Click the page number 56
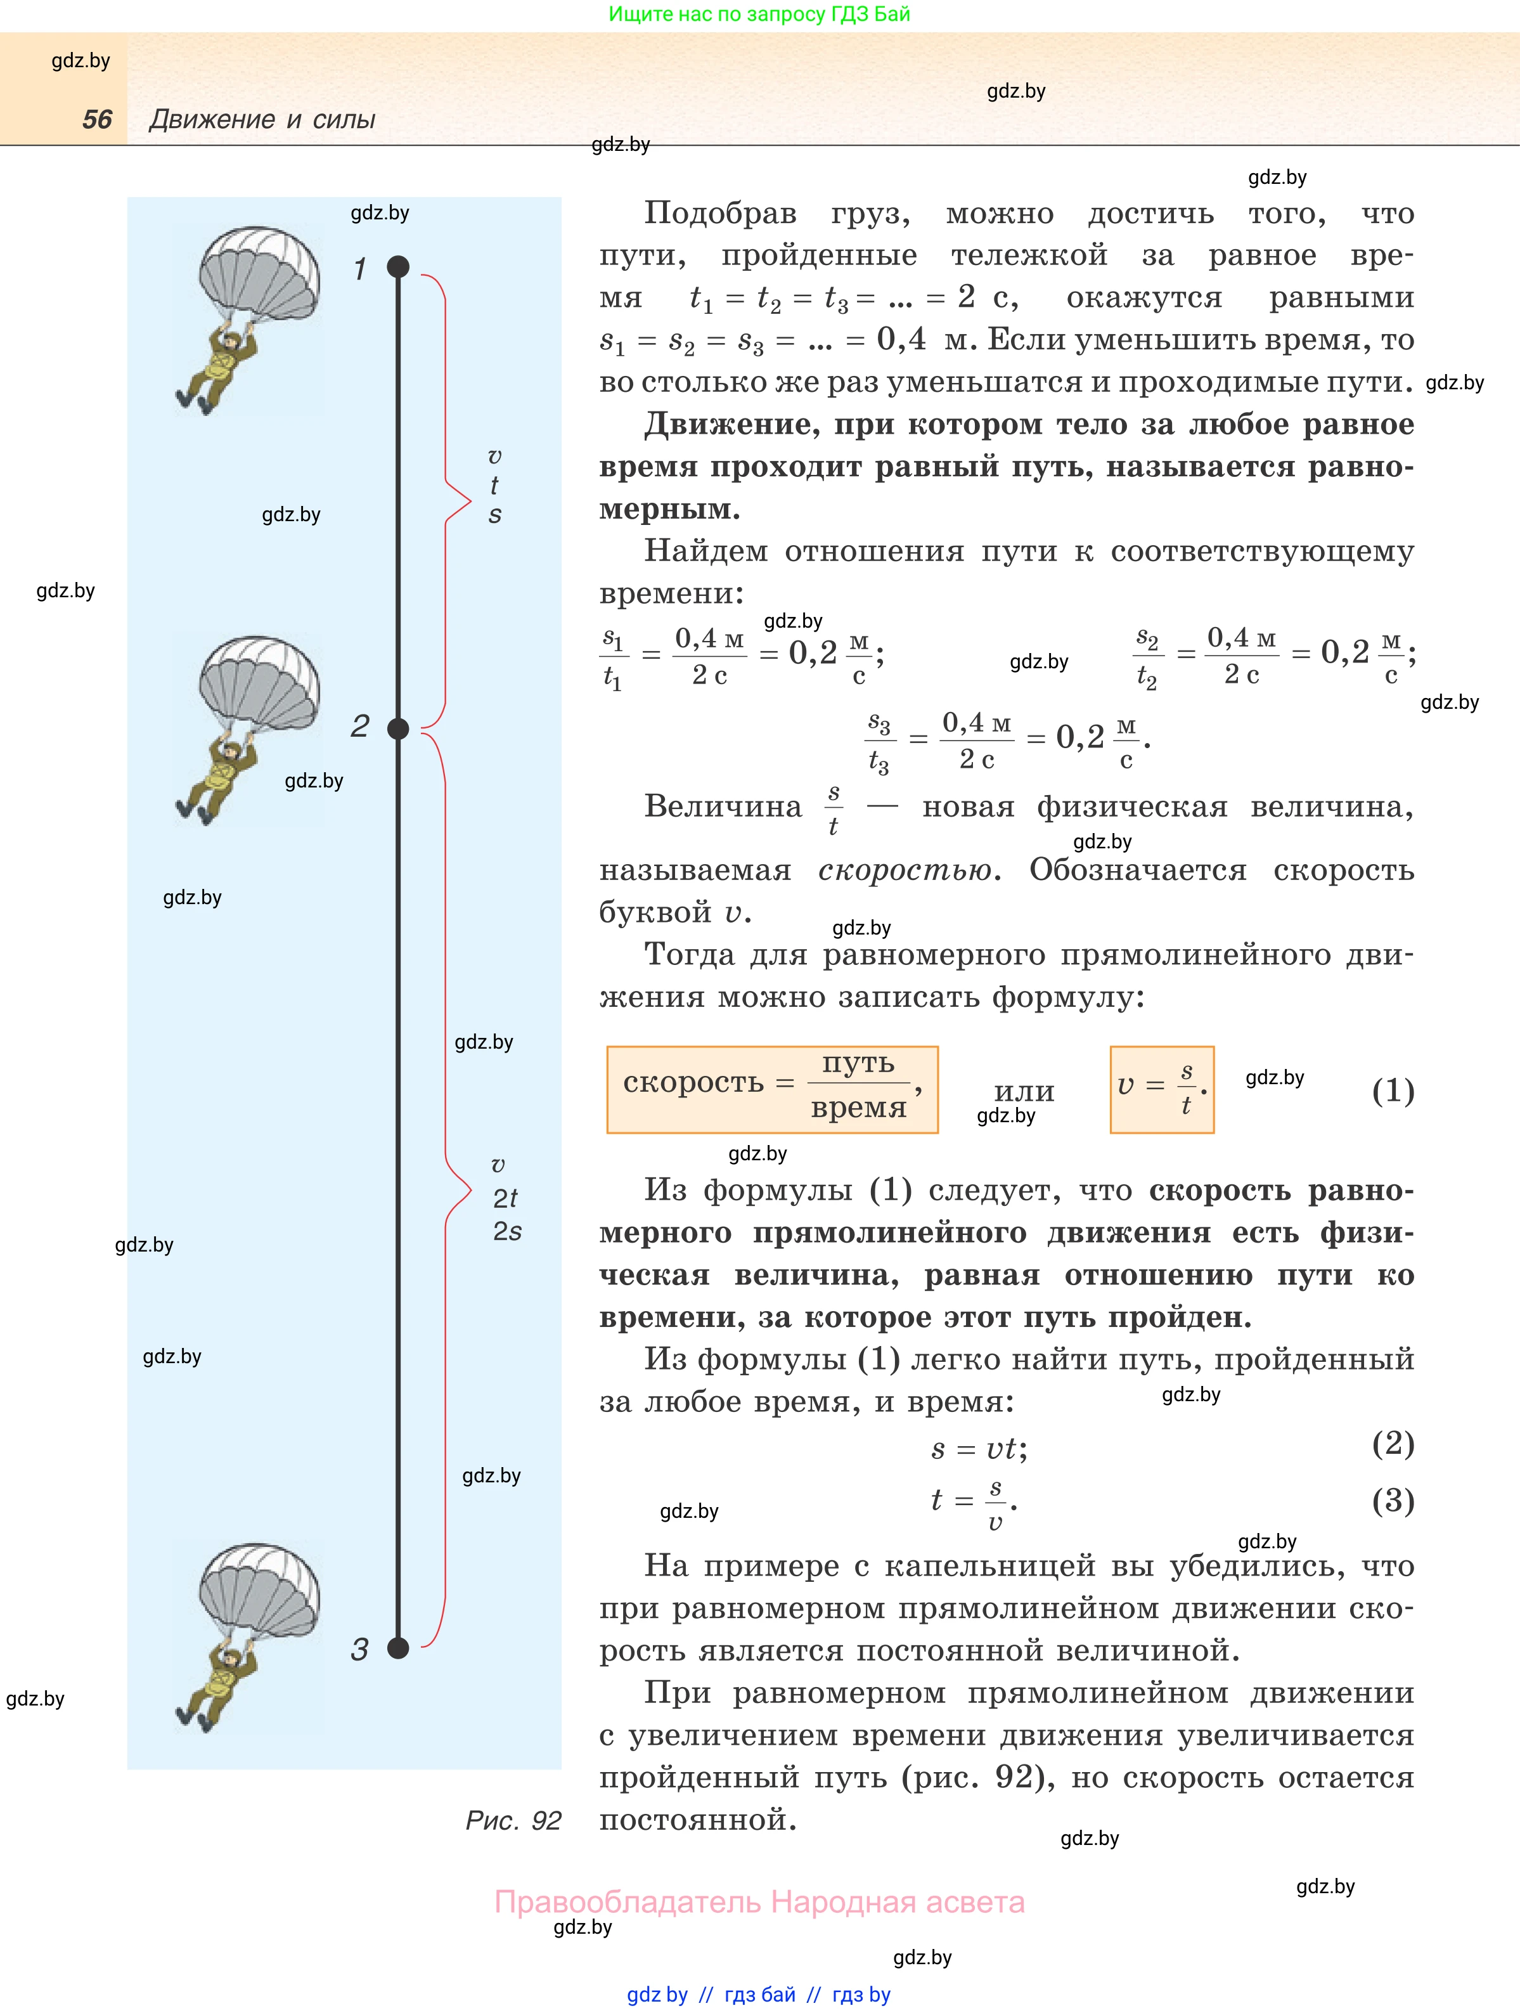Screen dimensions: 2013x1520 tap(96, 119)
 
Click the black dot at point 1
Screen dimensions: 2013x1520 tap(399, 267)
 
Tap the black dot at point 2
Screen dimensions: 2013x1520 tap(399, 728)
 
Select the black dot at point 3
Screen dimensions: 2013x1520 tap(399, 1648)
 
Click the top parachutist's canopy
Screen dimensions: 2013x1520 tap(259, 268)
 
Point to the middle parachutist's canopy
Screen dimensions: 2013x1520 tap(259, 678)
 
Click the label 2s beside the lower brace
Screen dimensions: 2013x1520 tap(506, 1231)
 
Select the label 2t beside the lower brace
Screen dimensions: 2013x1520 tap(505, 1198)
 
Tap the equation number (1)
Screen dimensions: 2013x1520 tap(1393, 1091)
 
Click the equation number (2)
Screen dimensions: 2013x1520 tap(1393, 1443)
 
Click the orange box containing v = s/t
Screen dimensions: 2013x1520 tap(1162, 1089)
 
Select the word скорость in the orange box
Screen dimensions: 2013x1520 tap(693, 1083)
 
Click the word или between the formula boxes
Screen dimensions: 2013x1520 tap(1024, 1091)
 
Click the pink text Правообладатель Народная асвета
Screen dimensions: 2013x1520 tap(759, 1902)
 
